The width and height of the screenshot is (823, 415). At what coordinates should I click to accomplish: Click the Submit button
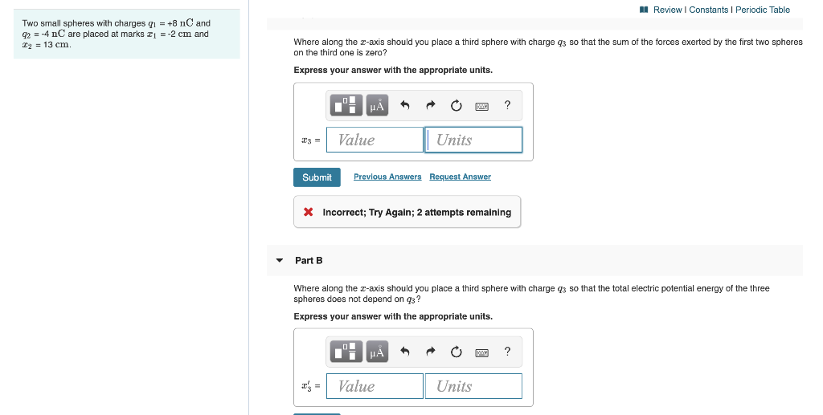tap(317, 177)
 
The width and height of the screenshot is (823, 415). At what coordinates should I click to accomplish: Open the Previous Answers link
tap(387, 177)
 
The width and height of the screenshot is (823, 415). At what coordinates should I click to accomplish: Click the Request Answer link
tap(460, 177)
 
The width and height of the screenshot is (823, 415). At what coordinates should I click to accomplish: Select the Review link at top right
tap(667, 10)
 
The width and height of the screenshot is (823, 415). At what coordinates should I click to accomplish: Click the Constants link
tap(708, 10)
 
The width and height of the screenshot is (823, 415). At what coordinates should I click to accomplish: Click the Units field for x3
tap(474, 140)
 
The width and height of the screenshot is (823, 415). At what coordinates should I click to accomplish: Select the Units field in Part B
tap(474, 386)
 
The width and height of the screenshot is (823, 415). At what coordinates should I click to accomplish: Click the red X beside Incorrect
tap(309, 213)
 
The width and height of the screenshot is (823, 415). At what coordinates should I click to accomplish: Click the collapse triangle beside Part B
tap(279, 261)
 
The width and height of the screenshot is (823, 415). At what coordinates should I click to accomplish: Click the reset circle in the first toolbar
tap(456, 105)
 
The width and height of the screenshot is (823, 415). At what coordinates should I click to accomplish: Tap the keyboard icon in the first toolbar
tap(481, 105)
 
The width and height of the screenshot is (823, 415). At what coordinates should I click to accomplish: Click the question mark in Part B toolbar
tap(507, 351)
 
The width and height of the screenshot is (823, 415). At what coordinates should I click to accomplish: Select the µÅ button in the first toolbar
tap(376, 105)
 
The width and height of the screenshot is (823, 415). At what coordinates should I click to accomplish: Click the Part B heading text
tap(309, 261)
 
